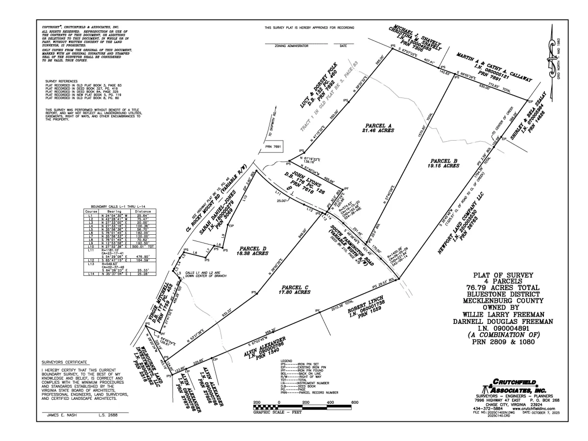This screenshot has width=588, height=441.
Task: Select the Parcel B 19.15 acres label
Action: pos(444,163)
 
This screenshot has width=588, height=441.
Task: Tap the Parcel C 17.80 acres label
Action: pos(295,289)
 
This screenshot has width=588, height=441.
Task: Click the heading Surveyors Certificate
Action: pos(61,362)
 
